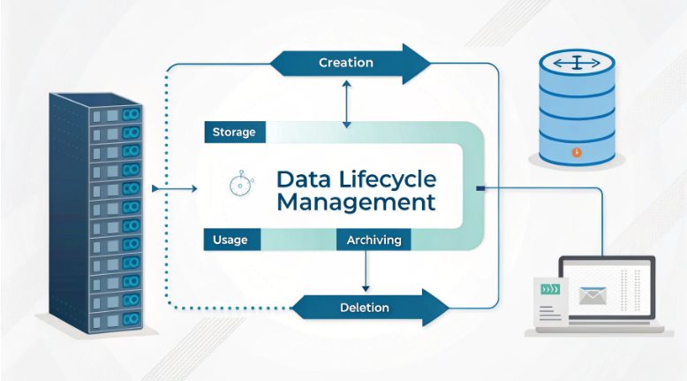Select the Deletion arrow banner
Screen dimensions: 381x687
point(365,308)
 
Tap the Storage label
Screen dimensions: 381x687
point(234,133)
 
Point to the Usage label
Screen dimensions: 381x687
point(230,240)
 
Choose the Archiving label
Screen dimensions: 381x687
point(374,240)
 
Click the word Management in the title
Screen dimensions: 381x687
point(356,202)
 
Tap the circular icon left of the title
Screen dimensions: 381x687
point(239,185)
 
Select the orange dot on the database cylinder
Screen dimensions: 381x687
point(576,152)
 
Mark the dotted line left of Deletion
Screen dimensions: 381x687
point(230,308)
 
